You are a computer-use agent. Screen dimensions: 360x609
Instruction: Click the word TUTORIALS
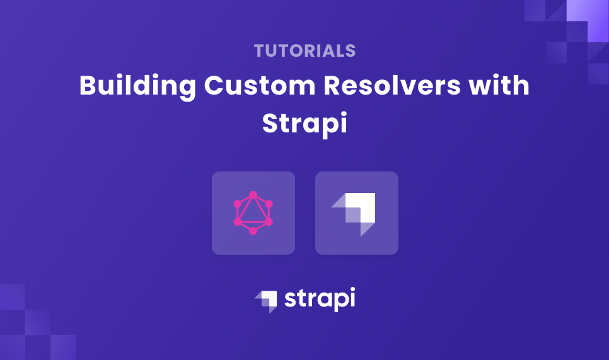coord(304,51)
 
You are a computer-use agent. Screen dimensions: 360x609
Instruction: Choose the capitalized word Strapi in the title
coord(304,122)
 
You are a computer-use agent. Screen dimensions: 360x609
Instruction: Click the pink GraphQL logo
coord(253,213)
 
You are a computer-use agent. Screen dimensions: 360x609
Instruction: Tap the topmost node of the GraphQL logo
coord(253,195)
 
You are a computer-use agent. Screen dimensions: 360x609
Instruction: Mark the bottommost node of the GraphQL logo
coord(253,231)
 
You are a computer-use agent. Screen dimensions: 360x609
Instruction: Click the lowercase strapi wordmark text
coord(320,298)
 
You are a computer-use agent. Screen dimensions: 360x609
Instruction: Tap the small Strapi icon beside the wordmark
coord(266,300)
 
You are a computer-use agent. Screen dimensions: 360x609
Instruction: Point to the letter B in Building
coord(87,86)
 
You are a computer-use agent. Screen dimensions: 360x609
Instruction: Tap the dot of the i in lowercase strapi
coord(351,289)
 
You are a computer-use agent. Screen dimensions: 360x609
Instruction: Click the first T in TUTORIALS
coord(258,51)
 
